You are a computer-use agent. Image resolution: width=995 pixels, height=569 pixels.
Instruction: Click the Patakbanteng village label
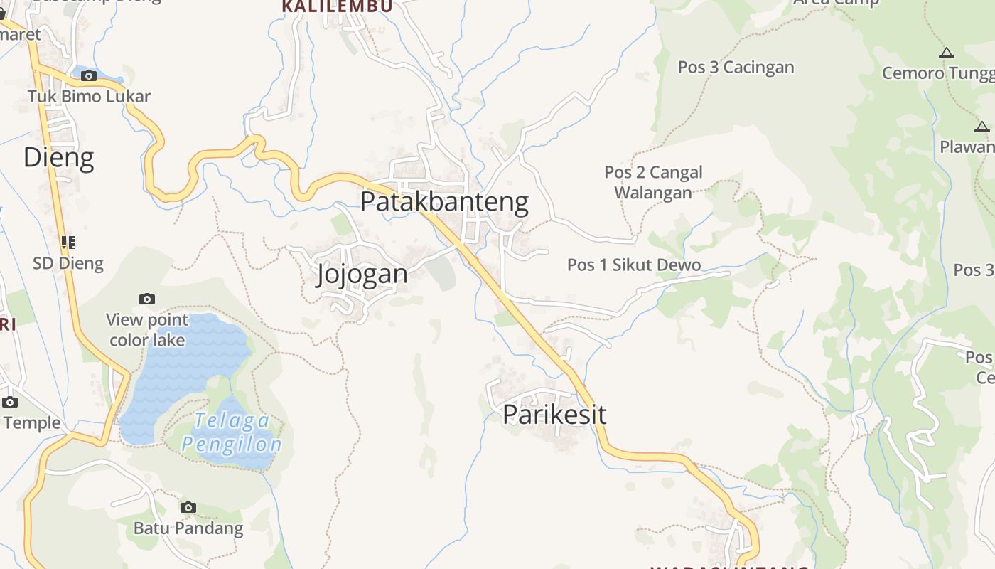(444, 202)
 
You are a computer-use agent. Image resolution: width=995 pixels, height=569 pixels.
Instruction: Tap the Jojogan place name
(362, 274)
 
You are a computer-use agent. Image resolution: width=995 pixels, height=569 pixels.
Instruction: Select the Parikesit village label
(554, 414)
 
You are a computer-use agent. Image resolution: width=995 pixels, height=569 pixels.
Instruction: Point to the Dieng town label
(58, 157)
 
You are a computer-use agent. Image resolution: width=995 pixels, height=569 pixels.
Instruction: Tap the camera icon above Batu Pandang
(188, 507)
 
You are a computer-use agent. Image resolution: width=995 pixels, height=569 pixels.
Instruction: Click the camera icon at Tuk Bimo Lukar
(89, 75)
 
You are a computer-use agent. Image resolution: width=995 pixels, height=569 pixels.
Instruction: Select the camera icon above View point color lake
(147, 299)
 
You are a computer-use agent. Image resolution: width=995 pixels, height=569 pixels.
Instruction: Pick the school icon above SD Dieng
(68, 243)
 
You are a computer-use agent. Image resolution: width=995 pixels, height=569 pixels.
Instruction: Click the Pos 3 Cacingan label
(736, 68)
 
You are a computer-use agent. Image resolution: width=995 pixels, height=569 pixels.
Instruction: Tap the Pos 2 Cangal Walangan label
(653, 183)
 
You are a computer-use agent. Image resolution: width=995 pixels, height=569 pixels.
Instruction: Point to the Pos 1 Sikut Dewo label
(634, 265)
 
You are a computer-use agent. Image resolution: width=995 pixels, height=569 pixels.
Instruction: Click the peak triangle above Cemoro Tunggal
(946, 53)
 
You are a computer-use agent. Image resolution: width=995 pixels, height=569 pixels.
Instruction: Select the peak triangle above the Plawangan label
(982, 127)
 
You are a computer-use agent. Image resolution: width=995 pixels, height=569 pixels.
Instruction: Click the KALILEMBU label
(337, 6)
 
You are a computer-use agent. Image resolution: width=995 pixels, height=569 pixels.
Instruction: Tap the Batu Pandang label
(188, 528)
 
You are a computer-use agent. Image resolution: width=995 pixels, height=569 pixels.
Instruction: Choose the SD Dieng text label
(68, 264)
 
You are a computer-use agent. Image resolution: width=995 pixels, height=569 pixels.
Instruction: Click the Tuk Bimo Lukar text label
(89, 96)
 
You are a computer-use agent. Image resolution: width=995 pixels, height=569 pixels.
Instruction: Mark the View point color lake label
(147, 330)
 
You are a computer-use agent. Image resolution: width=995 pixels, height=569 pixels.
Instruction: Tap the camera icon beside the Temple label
(9, 402)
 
